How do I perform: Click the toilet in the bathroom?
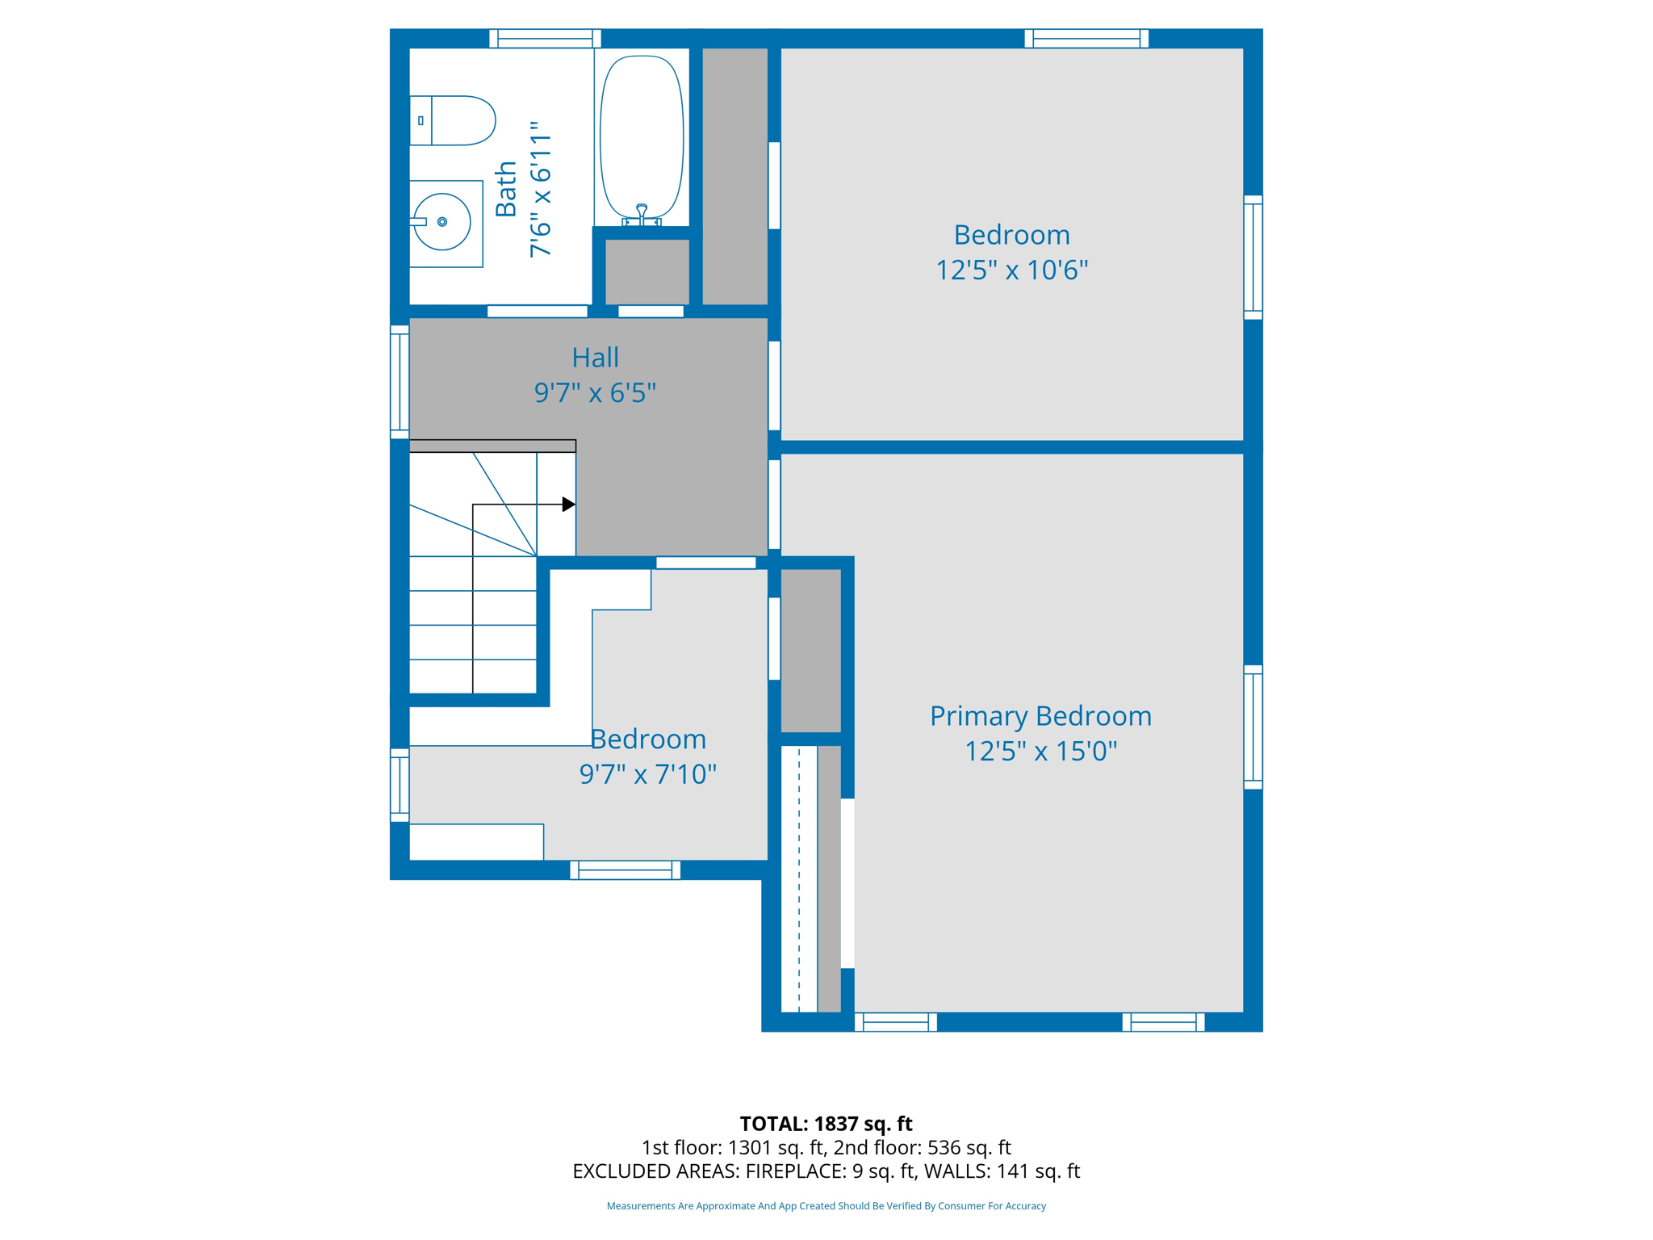point(452,120)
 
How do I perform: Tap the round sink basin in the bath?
point(441,222)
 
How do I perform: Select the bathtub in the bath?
point(642,137)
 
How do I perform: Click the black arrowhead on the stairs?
point(569,505)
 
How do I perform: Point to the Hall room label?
point(596,357)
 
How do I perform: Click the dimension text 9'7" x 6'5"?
point(595,393)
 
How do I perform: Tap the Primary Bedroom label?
point(1040,716)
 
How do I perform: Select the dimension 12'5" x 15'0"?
point(1040,752)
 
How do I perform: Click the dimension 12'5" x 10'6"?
point(1011,270)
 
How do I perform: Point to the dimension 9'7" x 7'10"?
point(647,775)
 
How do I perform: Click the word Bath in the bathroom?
point(506,189)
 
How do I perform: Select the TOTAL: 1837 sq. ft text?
point(826,1124)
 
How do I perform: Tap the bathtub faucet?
point(642,215)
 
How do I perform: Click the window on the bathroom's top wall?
point(545,38)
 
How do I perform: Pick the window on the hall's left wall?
point(400,382)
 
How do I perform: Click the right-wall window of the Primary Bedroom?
point(1253,727)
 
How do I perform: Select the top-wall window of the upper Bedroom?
point(1086,38)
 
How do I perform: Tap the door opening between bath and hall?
point(538,312)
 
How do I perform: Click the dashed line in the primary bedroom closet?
point(799,878)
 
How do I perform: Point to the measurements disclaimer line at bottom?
point(826,1206)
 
